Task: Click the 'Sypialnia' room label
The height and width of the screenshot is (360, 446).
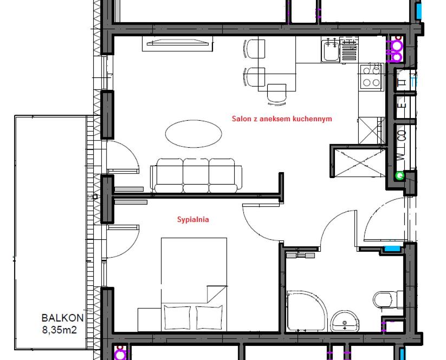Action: click(193, 219)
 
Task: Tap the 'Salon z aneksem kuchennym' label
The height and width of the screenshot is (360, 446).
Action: click(282, 119)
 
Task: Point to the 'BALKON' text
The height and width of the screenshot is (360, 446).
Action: click(62, 318)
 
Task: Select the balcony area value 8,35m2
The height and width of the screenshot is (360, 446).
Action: click(60, 330)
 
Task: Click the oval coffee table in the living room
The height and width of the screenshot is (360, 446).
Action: click(193, 134)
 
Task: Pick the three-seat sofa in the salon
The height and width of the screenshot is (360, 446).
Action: click(196, 175)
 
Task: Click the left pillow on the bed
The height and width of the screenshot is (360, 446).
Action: click(177, 318)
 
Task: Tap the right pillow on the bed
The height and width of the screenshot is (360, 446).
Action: click(209, 318)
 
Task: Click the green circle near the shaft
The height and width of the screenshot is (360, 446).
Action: click(400, 176)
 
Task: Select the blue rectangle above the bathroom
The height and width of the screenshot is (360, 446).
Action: click(392, 248)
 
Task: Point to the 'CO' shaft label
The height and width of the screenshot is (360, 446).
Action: click(402, 136)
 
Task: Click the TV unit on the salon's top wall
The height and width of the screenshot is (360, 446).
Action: click(178, 43)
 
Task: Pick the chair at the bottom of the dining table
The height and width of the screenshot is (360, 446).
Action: click(277, 94)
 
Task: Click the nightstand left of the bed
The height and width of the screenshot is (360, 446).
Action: click(150, 319)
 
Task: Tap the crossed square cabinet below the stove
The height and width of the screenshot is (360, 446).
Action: click(372, 130)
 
